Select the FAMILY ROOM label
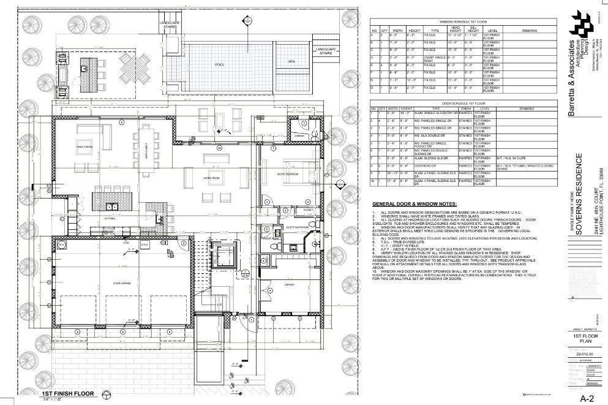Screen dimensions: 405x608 84,148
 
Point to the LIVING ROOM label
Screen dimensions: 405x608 212,178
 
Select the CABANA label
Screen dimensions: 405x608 299,135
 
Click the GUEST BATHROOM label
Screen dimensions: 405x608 296,227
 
